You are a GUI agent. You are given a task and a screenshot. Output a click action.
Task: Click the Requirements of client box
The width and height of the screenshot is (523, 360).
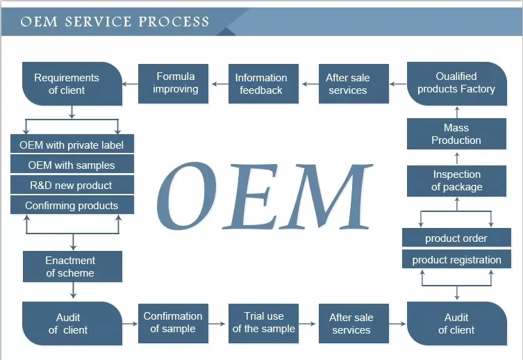click(x=72, y=83)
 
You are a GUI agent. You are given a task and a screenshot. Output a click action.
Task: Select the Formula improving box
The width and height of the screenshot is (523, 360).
click(x=173, y=83)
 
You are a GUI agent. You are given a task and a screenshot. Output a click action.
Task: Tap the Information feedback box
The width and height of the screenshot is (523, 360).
click(x=263, y=83)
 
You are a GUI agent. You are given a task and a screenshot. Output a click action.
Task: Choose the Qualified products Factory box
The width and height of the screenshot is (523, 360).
click(x=457, y=83)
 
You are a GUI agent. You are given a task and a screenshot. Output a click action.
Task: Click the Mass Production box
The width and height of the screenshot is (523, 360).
click(x=456, y=134)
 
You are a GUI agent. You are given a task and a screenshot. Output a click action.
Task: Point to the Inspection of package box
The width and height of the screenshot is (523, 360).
click(x=456, y=181)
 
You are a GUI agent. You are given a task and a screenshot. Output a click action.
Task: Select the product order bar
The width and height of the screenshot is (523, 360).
click(x=456, y=238)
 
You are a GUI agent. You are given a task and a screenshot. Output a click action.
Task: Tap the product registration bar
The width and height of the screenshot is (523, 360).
click(x=456, y=259)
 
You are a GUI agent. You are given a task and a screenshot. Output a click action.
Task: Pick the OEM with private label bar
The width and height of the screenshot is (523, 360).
click(x=72, y=144)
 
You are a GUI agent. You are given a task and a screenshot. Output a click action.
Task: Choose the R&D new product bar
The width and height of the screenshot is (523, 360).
click(x=72, y=184)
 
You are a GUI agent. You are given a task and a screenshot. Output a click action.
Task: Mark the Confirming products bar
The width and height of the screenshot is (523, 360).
click(x=72, y=204)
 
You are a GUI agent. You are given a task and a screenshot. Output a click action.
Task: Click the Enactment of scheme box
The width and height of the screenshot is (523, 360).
click(x=73, y=267)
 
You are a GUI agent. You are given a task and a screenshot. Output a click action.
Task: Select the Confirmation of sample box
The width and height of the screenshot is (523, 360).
click(x=173, y=323)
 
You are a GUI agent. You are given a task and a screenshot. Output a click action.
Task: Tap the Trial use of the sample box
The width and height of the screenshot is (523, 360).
click(x=263, y=323)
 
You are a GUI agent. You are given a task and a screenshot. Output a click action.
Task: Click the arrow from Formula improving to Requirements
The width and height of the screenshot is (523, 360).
click(x=131, y=83)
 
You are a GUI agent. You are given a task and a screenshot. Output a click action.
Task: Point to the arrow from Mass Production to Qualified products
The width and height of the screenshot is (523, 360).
click(x=457, y=112)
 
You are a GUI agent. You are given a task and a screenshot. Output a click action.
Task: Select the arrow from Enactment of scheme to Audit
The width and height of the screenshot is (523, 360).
click(x=73, y=291)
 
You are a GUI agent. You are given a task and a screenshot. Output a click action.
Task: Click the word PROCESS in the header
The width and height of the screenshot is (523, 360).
click(x=174, y=22)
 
